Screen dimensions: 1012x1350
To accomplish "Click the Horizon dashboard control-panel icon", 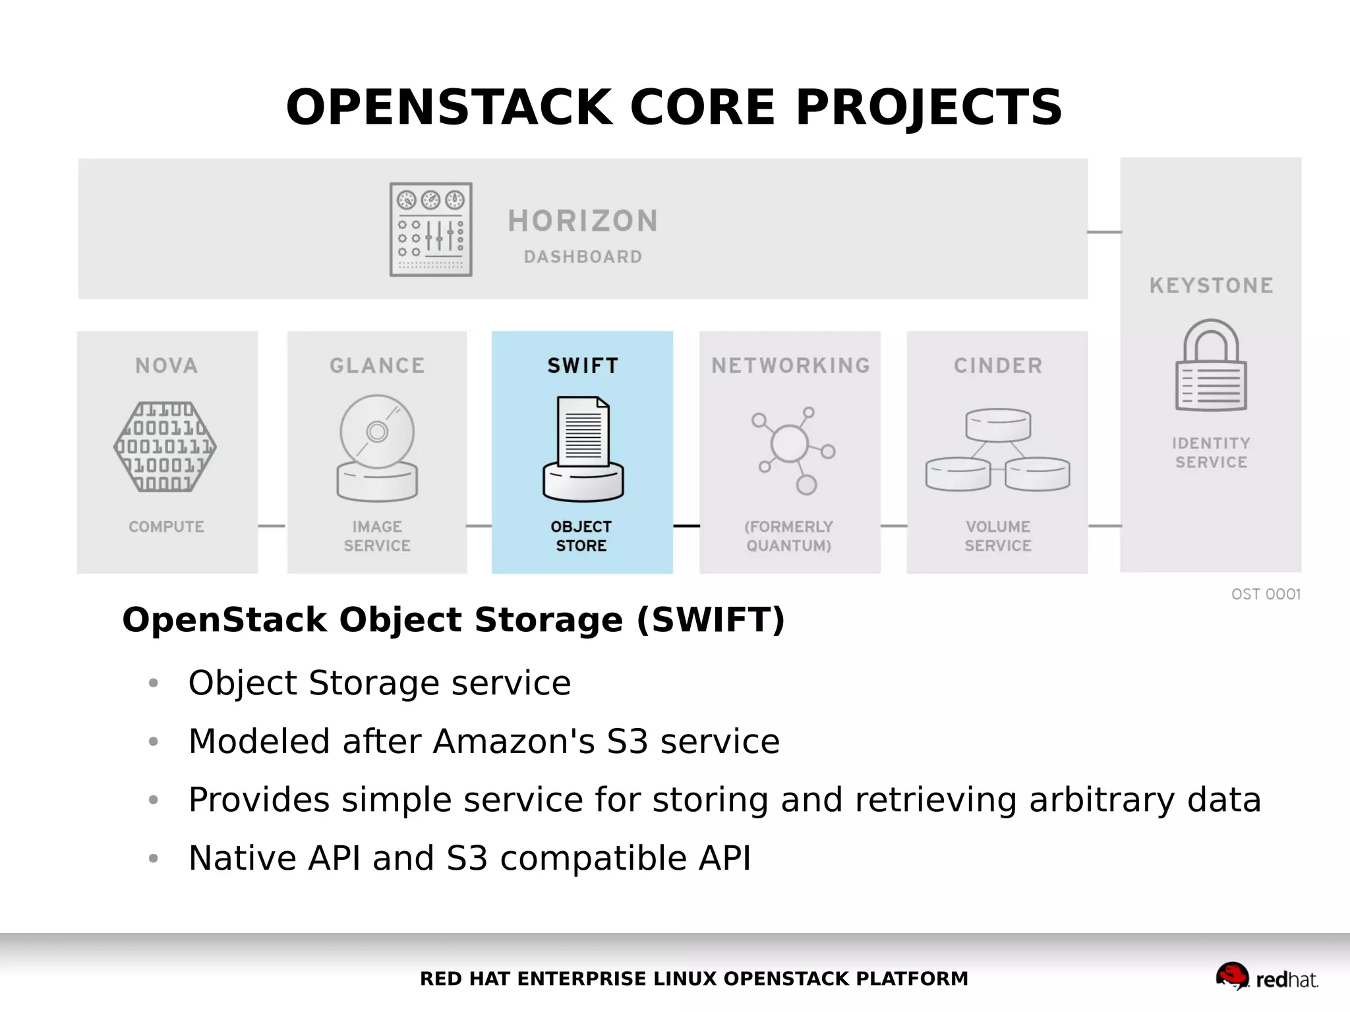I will click(430, 229).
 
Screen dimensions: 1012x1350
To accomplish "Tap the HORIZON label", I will click(583, 221).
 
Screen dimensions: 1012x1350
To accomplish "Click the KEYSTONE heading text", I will click(1211, 285).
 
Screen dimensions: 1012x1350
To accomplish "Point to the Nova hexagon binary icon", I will click(165, 447).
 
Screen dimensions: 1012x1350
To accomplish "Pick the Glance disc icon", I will click(377, 448).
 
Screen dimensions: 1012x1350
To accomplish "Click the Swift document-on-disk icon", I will click(583, 449).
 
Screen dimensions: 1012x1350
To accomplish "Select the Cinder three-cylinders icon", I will click(997, 450).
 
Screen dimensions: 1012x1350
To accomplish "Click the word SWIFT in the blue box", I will click(583, 366).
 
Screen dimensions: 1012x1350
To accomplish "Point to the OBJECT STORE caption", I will click(581, 536).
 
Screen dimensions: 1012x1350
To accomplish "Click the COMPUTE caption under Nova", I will click(166, 527).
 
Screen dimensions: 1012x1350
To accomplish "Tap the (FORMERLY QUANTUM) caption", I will click(788, 536).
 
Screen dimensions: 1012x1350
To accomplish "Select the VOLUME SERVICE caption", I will click(997, 536).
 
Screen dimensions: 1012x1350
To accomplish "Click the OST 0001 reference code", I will click(1266, 594).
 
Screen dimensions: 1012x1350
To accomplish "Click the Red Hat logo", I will click(1266, 977).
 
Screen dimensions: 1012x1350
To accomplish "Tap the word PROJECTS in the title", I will click(929, 107).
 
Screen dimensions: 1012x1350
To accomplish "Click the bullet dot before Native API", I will click(154, 858).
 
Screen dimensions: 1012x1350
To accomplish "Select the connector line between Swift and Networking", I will click(686, 526).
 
